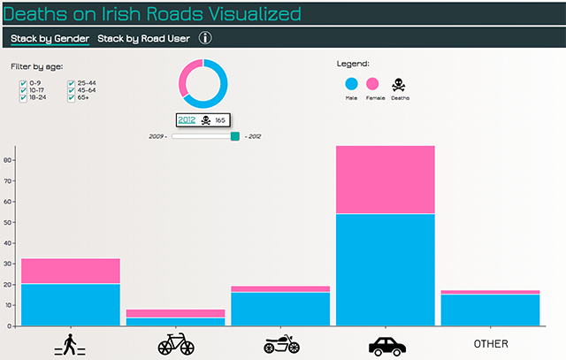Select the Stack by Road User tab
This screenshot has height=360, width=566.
tap(143, 38)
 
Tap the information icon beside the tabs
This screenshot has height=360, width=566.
tap(205, 38)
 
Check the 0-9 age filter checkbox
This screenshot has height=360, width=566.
tap(23, 82)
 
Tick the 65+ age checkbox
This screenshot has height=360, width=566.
tap(72, 98)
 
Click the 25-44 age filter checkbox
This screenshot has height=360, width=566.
tap(72, 82)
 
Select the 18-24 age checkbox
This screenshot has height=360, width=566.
tap(23, 98)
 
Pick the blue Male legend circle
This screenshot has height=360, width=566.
tap(351, 84)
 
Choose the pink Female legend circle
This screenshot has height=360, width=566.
tap(372, 84)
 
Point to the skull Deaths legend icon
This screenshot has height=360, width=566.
tap(399, 84)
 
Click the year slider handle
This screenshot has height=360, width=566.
tap(234, 136)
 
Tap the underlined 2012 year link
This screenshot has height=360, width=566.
tap(187, 120)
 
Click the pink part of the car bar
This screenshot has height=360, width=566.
tap(385, 180)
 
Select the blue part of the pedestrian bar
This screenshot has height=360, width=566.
tap(70, 304)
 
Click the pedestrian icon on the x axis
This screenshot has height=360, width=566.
tap(70, 343)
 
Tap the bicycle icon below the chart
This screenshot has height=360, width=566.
tap(175, 343)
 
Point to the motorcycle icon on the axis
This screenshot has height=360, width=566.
tap(280, 344)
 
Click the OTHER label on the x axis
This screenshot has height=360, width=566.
tap(491, 343)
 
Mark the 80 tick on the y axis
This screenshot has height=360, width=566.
tap(8, 160)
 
